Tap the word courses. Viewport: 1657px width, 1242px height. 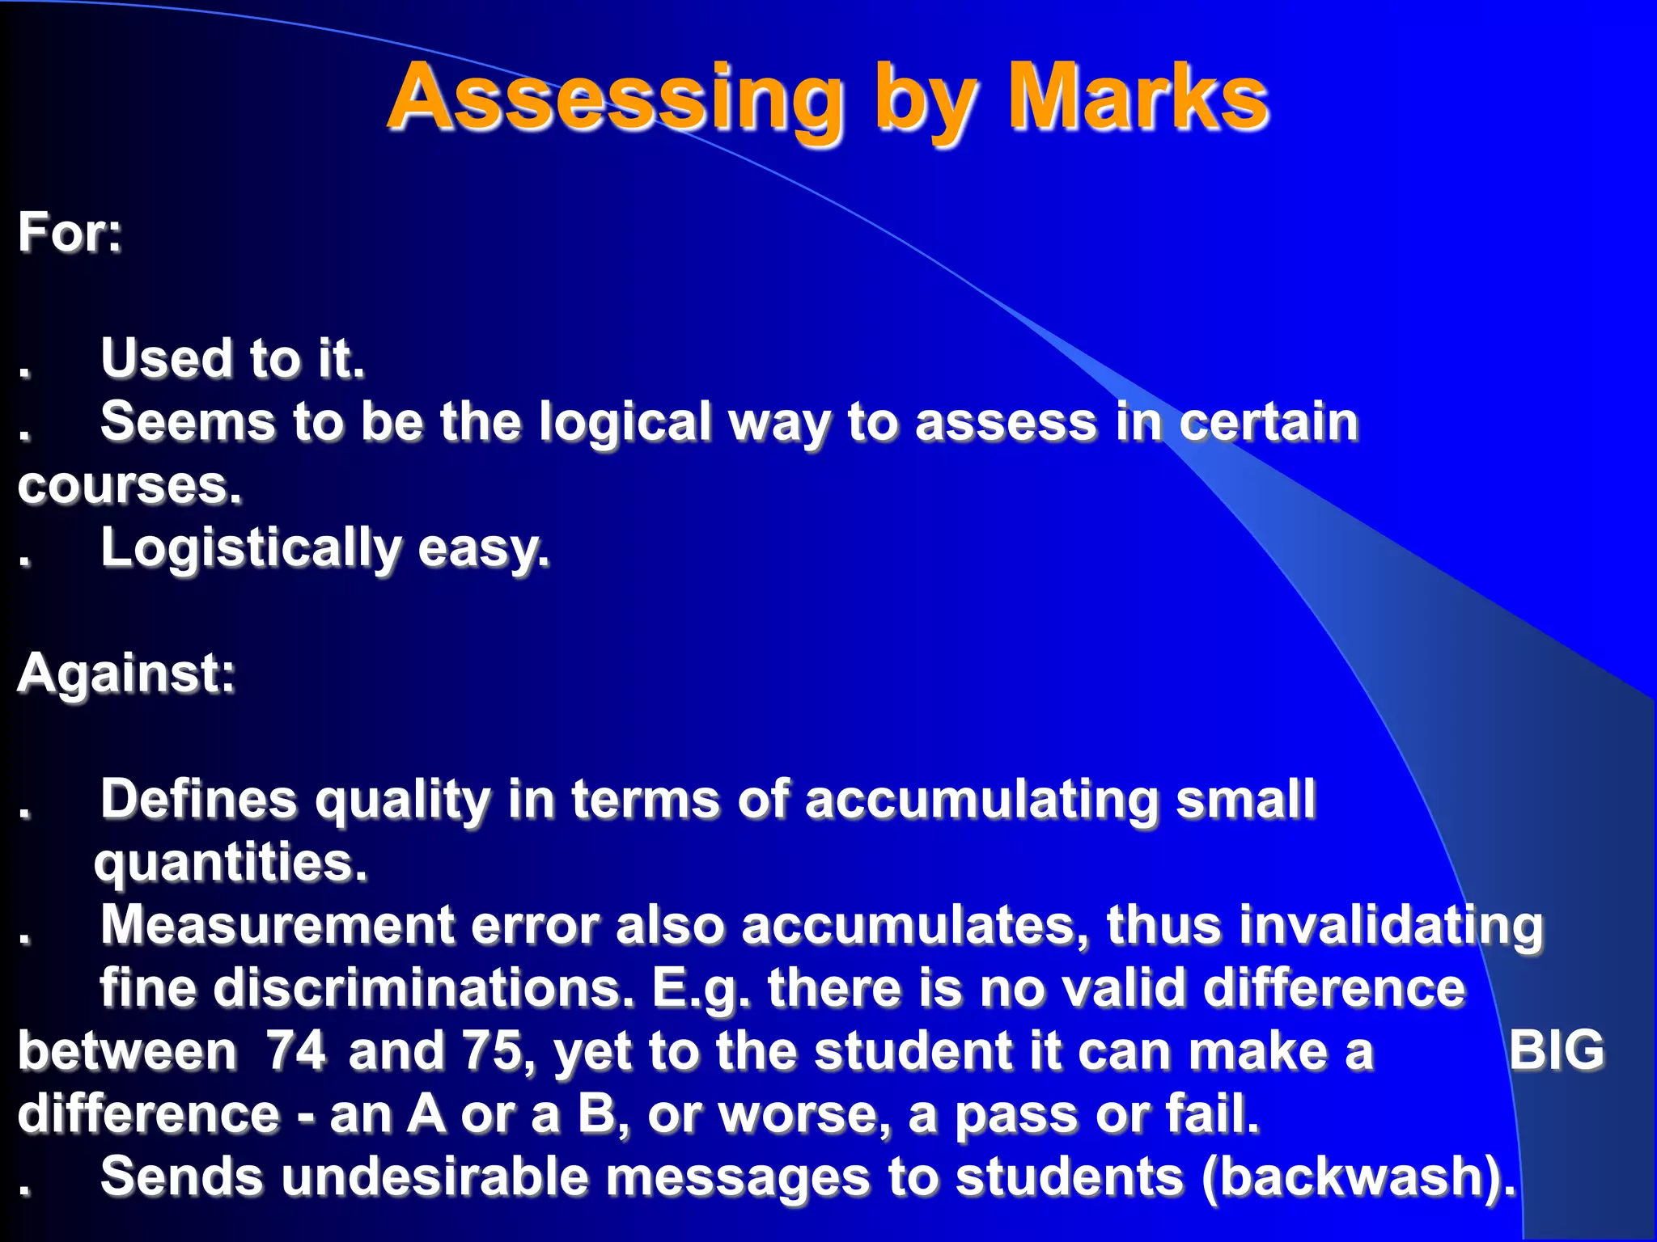pos(130,487)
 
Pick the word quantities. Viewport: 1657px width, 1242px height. pos(231,863)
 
